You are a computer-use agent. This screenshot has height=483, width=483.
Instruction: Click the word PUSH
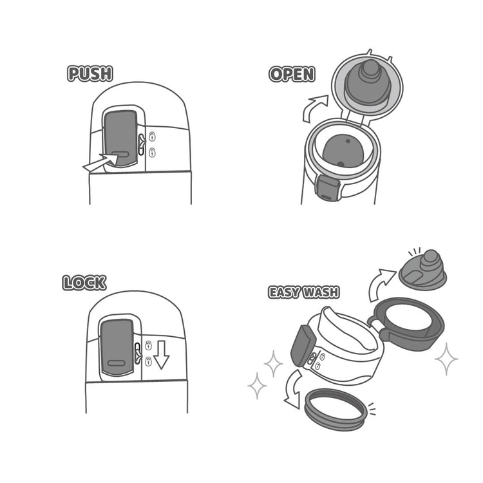(x=90, y=73)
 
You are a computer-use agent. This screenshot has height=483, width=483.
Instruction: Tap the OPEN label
(x=292, y=74)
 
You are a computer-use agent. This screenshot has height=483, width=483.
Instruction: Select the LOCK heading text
(x=84, y=283)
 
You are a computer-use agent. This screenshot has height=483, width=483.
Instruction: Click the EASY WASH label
(x=304, y=292)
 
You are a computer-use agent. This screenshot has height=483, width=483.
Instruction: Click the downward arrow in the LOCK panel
(x=161, y=355)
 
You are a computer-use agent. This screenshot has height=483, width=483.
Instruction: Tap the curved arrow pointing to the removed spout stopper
(x=381, y=283)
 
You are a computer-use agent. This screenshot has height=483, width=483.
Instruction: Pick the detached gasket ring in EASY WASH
(x=336, y=410)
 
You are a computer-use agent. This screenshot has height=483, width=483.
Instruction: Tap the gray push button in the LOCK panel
(x=117, y=348)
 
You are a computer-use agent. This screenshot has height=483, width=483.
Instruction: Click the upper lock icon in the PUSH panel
(x=152, y=136)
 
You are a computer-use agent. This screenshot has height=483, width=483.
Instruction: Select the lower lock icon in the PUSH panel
(x=152, y=152)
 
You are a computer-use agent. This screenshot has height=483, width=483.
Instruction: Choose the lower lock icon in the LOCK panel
(x=149, y=361)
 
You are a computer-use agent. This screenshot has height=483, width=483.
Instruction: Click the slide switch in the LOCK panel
(x=138, y=354)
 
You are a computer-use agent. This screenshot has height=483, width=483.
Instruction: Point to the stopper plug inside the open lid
(x=368, y=83)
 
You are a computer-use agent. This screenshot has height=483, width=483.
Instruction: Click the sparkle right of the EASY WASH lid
(x=446, y=359)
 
